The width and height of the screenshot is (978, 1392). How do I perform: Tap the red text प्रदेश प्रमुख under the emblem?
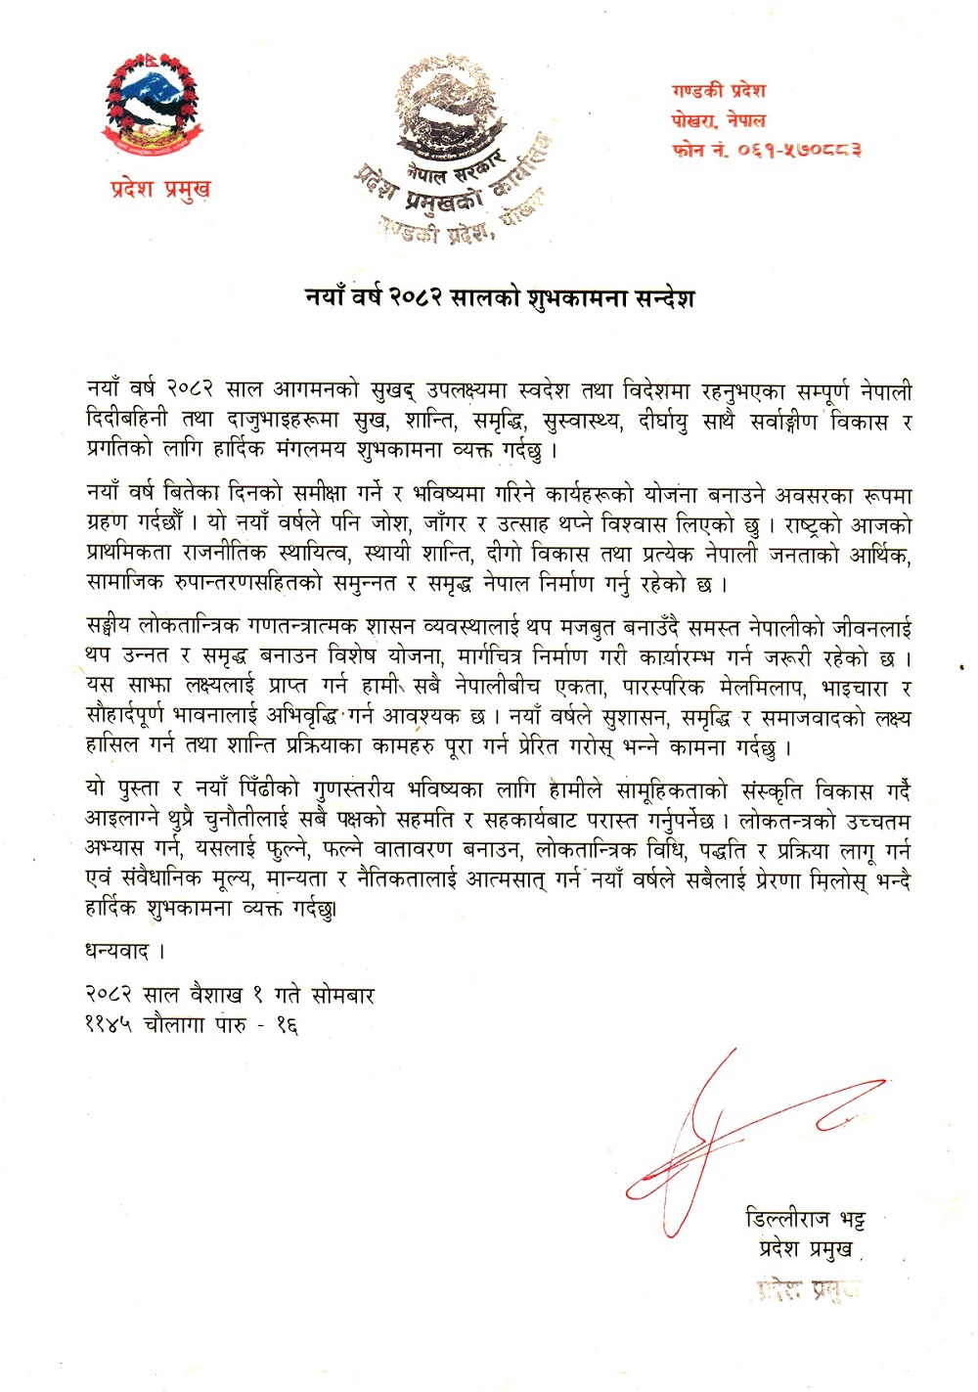pos(160,188)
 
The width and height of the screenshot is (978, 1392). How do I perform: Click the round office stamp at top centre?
pos(453,147)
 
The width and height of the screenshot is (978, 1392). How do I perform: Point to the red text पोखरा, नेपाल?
pos(719,120)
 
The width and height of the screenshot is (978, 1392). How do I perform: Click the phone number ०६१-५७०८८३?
pos(800,151)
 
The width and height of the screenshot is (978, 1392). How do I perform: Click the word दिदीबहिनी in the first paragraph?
pos(126,422)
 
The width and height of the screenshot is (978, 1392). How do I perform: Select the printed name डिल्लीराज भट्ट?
pos(804,1219)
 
